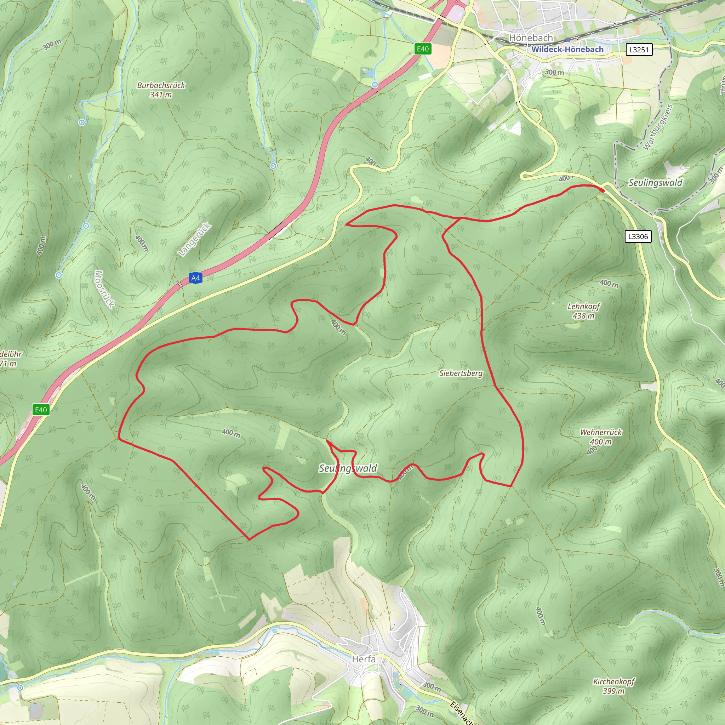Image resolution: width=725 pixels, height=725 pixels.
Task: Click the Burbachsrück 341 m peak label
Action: tap(161, 90)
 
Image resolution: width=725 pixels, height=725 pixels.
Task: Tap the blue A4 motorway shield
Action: tap(195, 278)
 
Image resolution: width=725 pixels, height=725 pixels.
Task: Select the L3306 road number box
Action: tap(638, 236)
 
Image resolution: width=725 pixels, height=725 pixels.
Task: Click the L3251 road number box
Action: tap(639, 50)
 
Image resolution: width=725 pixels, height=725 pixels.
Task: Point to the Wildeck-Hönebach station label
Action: tap(567, 50)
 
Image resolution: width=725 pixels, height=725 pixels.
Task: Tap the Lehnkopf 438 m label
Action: tap(583, 311)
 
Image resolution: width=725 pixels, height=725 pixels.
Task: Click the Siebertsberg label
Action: tap(461, 373)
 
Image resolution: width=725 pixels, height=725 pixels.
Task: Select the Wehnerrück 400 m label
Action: tap(600, 437)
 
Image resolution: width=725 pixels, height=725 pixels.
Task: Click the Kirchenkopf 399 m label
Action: tap(613, 686)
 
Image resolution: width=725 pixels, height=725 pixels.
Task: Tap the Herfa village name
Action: tap(363, 659)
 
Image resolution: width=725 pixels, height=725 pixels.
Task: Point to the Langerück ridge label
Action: tap(195, 239)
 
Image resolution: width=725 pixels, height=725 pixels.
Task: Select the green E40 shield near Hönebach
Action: tap(423, 49)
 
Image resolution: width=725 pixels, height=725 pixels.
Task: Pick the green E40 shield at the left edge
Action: tap(41, 410)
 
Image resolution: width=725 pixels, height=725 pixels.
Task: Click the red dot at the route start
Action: tap(603, 190)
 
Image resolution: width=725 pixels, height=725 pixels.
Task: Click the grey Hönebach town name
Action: tap(531, 38)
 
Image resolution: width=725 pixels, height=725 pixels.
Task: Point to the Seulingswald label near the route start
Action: tap(655, 183)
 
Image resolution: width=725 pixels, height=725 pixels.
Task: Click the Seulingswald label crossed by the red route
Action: tap(348, 468)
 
